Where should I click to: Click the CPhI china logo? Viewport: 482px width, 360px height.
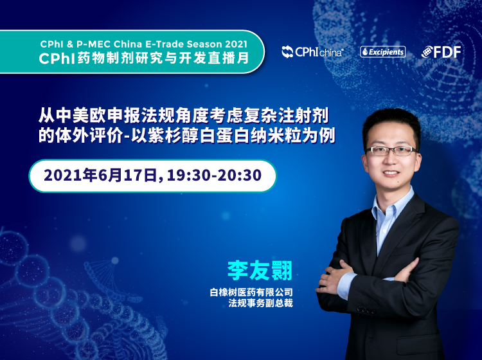click(312, 52)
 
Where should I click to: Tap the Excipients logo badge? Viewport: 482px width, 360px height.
click(383, 51)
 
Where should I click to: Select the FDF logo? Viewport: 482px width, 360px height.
click(441, 51)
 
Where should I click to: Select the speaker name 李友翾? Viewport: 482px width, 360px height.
click(260, 271)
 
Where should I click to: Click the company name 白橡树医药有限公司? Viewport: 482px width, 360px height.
click(251, 292)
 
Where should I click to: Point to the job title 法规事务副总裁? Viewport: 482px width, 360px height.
click(260, 303)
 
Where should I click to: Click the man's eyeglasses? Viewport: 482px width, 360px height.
click(391, 150)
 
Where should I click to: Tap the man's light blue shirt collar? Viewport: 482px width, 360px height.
click(393, 204)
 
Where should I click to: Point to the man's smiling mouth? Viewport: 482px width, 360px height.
click(391, 174)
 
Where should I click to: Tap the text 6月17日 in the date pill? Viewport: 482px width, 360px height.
click(129, 175)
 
